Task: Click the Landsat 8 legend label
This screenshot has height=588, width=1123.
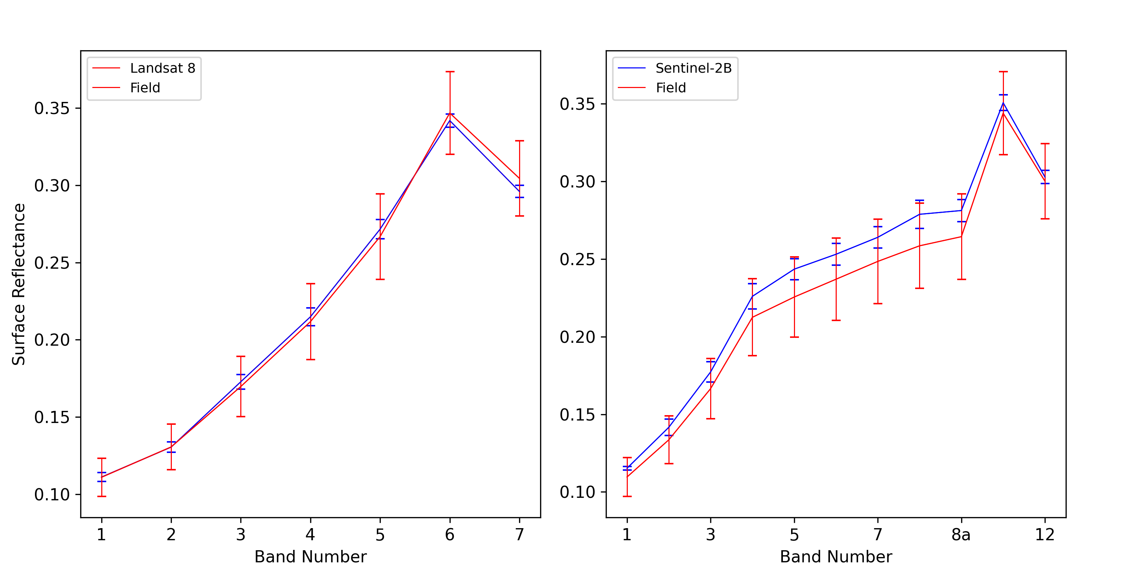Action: pyautogui.click(x=162, y=68)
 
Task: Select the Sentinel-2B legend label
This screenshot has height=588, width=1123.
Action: pyautogui.click(x=693, y=68)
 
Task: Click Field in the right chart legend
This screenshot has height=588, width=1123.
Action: pyautogui.click(x=671, y=88)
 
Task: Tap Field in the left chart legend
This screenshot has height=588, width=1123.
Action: pyautogui.click(x=145, y=88)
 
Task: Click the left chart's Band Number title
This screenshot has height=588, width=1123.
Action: pyautogui.click(x=311, y=557)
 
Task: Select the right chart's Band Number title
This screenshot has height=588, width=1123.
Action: pyautogui.click(x=836, y=557)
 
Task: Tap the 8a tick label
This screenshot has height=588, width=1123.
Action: pyautogui.click(x=961, y=535)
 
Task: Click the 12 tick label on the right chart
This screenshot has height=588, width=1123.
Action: pyautogui.click(x=1045, y=535)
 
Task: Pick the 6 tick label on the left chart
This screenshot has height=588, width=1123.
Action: pyautogui.click(x=450, y=535)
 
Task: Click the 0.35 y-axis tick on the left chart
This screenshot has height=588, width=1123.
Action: pyautogui.click(x=52, y=108)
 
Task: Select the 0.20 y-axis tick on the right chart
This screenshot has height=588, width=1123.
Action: pyautogui.click(x=577, y=337)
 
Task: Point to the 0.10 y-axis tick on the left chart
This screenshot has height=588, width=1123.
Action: pyautogui.click(x=52, y=494)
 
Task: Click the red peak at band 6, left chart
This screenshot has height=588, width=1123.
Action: pyautogui.click(x=450, y=113)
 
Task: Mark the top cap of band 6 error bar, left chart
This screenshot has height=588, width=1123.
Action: pyautogui.click(x=450, y=72)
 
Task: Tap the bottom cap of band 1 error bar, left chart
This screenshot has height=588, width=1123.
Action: pyautogui.click(x=102, y=496)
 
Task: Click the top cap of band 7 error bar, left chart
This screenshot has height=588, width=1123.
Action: pyautogui.click(x=519, y=141)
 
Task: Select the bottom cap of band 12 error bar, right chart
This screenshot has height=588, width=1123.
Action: pyautogui.click(x=1045, y=219)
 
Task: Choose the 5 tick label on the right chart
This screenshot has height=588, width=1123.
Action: pyautogui.click(x=794, y=535)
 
